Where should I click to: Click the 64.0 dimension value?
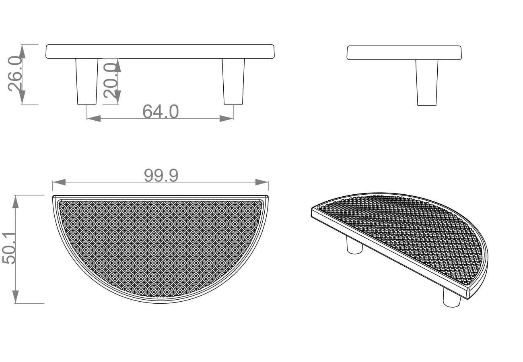point(161,111)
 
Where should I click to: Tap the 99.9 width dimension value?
point(161,175)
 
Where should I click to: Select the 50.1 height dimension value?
point(9,248)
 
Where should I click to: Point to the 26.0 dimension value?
point(15,74)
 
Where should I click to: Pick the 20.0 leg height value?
point(111,80)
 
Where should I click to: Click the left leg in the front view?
point(87,81)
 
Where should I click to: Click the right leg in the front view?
point(233,81)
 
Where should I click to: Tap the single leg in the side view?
point(427,82)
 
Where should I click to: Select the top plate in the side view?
point(404,53)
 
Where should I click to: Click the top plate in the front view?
point(160,51)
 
